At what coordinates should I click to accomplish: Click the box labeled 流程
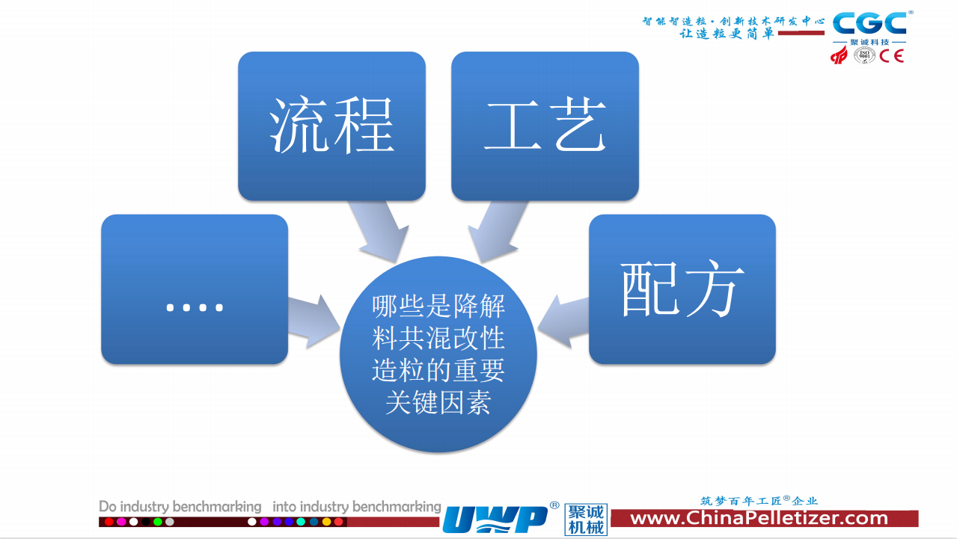[x=331, y=126]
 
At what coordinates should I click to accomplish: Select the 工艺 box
[x=545, y=126]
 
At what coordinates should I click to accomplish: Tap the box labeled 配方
[x=682, y=289]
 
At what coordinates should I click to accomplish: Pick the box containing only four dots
[x=195, y=289]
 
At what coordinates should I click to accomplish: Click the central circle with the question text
[x=438, y=354]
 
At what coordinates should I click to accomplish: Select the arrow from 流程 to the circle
[x=379, y=230]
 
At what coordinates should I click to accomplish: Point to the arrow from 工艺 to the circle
[x=498, y=230]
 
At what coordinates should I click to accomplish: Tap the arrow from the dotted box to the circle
[x=314, y=321]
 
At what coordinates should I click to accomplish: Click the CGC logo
[x=869, y=23]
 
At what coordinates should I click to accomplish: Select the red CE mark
[x=892, y=56]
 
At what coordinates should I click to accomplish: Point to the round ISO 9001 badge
[x=864, y=55]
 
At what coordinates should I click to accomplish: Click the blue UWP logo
[x=495, y=519]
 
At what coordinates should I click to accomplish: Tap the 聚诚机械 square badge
[x=586, y=520]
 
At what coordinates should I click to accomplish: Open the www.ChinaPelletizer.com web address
[x=759, y=518]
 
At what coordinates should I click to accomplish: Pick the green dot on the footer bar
[x=158, y=522]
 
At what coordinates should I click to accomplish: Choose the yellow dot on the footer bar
[x=326, y=522]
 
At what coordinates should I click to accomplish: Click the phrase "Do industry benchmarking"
[x=180, y=507]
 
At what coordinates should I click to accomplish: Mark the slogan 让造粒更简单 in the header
[x=727, y=34]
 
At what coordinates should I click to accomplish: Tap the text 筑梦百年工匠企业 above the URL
[x=759, y=501]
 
